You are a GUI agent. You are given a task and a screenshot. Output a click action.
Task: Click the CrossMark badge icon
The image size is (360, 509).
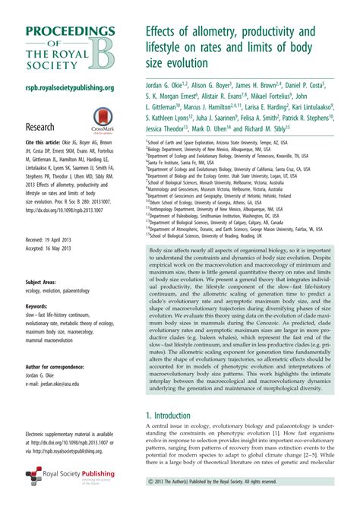(103, 117)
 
